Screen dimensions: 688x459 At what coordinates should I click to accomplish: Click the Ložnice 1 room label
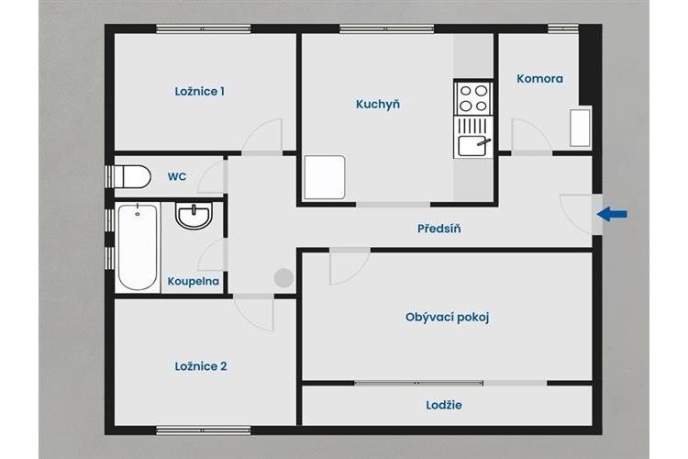pos(200,92)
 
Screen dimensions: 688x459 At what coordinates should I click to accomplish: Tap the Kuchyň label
pos(378,104)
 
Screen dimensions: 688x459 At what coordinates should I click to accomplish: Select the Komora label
pos(539,79)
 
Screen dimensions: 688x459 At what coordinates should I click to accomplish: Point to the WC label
pos(177,176)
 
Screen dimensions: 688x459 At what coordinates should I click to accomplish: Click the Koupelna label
pos(194,281)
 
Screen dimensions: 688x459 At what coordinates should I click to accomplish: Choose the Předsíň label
pos(438,229)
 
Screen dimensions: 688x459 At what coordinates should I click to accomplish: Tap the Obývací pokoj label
pos(447,317)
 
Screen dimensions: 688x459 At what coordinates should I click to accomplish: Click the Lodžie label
pos(444,405)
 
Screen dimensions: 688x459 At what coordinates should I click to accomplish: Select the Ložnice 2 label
pos(201,366)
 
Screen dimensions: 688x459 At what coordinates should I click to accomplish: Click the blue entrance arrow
pos(612,214)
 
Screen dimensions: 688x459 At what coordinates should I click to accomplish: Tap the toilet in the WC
pos(129,176)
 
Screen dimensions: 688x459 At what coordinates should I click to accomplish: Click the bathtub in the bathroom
pos(138,247)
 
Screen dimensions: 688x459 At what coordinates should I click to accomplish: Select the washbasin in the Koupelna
pos(194,216)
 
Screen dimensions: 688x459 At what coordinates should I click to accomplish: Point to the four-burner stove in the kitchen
pos(473,98)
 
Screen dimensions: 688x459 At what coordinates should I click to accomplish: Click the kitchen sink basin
pos(472,146)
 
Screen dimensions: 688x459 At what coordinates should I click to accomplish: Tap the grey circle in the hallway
pos(283,278)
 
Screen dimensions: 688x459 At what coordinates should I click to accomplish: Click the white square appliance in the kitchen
pos(325,177)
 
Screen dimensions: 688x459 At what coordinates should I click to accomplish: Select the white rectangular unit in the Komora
pos(580,128)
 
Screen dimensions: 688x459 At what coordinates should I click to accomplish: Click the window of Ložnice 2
pos(204,431)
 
